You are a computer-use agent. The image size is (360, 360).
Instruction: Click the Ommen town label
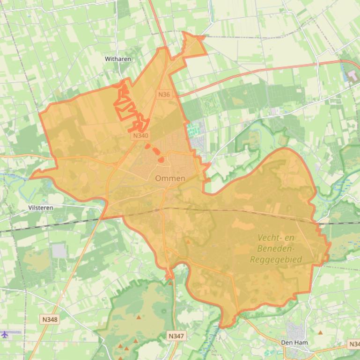pos(170,178)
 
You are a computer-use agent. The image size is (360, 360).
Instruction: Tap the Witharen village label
pos(118,59)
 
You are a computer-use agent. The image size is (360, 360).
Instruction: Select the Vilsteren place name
pos(41,208)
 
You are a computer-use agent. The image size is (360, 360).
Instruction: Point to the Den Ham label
pos(294,343)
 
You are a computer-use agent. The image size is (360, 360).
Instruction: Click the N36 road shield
pos(164,94)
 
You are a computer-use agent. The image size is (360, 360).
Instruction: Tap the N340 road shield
pos(140,136)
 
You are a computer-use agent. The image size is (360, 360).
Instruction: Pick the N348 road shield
pos(49,320)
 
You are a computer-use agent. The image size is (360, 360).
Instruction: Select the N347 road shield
pos(176,336)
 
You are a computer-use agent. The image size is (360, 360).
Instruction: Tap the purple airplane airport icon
pos(5,334)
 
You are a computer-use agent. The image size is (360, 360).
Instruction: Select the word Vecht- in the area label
pos(270,238)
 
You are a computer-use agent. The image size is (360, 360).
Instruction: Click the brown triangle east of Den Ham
pos(320,333)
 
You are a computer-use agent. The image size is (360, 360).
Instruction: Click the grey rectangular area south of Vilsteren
pos(59,251)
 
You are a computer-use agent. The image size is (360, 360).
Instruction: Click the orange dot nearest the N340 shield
pos(147,146)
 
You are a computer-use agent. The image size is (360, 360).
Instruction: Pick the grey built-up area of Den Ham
pos(294,329)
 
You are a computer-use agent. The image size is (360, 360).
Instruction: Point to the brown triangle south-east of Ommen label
pos(188,242)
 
